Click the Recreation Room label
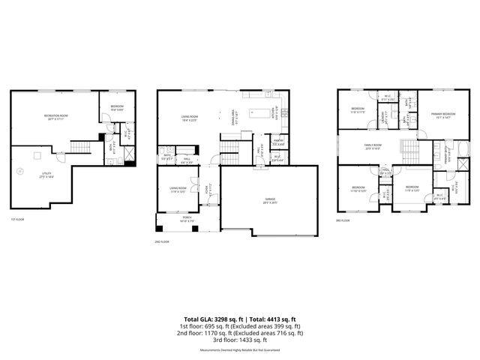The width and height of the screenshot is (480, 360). coord(56,116)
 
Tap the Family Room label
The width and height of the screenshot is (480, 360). coord(373,146)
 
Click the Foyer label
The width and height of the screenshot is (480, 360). coord(209,191)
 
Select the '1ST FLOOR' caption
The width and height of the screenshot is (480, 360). coord(18,220)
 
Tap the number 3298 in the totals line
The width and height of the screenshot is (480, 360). coord(224,318)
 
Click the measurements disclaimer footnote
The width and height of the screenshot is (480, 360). coord(240,350)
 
